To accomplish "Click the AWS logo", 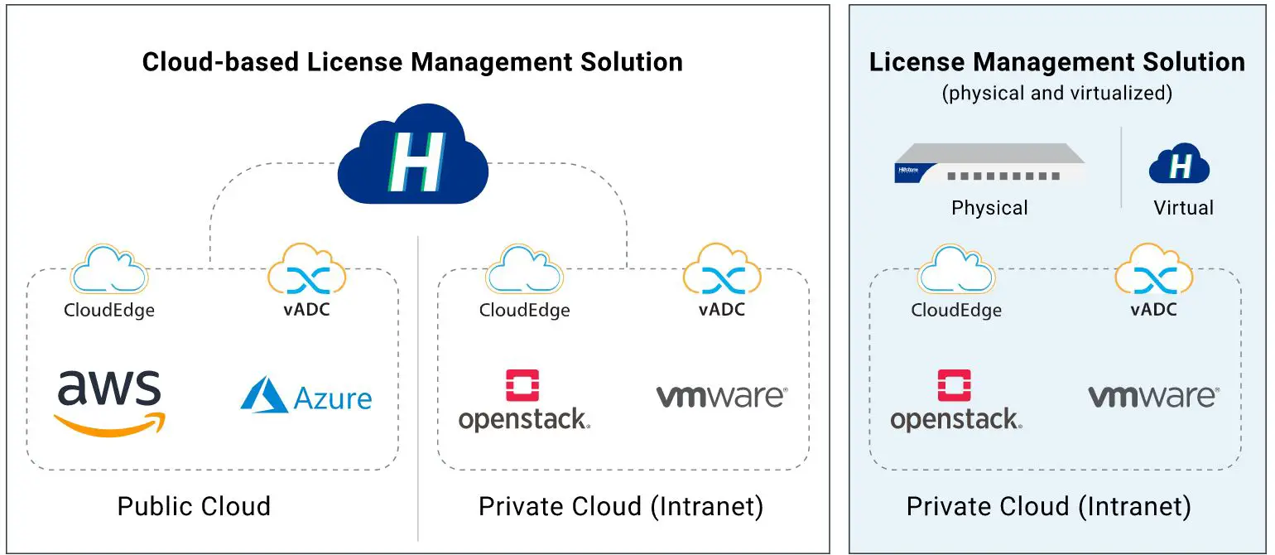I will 109,402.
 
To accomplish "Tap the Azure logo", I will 306,396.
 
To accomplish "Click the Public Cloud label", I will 194,506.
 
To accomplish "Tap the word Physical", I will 989,208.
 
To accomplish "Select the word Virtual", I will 1183,208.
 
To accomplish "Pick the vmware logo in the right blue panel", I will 1152,396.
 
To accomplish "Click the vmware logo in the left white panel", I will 721,396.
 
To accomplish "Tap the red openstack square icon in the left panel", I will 522,386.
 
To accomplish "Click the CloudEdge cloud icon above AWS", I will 109,268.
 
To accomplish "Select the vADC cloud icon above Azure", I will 306,268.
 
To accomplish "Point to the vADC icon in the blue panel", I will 1153,268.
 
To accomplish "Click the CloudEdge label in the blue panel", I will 956,311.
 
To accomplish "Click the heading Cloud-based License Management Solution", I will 412,62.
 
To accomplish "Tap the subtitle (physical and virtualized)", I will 1056,93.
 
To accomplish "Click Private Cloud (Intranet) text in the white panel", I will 621,506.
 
